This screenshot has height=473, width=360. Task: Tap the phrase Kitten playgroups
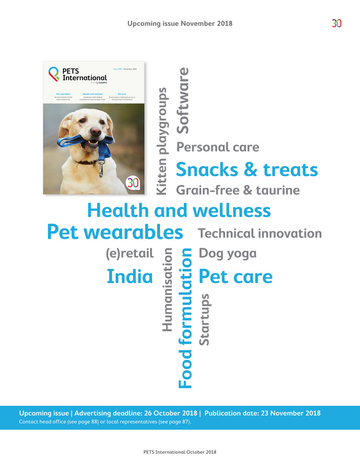[x=162, y=141]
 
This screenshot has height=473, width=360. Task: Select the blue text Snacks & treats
[x=247, y=169]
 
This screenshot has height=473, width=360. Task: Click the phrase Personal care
[x=218, y=147]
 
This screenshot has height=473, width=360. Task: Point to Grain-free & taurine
[x=238, y=190]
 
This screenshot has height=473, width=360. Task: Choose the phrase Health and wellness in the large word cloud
[x=179, y=210]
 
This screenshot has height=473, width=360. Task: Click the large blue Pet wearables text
[x=115, y=232]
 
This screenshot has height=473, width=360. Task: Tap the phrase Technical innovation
[x=260, y=233]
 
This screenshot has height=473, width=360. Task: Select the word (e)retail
[x=129, y=253]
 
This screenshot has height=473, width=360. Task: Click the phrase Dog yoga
[x=227, y=253]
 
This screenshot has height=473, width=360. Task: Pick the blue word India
[x=129, y=277]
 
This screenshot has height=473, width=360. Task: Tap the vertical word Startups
[x=204, y=319]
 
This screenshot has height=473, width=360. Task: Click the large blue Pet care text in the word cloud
[x=235, y=277]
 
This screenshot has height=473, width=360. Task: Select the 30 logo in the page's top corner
[x=336, y=24]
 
